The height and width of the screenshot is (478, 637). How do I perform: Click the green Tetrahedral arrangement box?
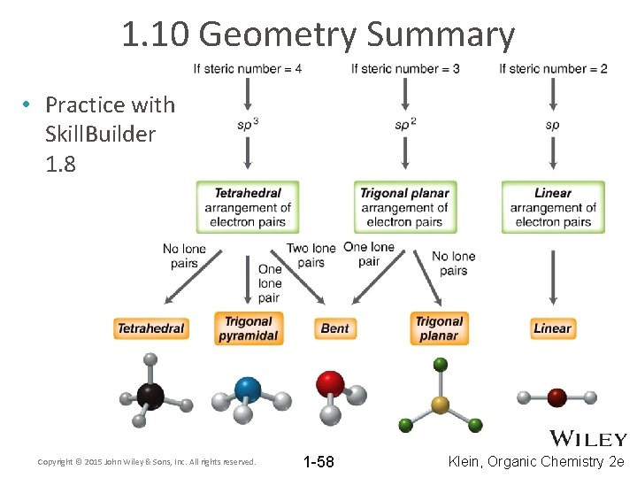[248, 207]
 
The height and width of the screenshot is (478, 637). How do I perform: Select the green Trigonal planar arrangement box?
[404, 207]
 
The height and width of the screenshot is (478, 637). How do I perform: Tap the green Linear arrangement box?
[553, 207]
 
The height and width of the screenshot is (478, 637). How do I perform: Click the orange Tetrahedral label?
[151, 328]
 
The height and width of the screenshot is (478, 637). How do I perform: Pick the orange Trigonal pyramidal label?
[249, 328]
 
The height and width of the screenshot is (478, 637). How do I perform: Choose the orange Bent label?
[334, 328]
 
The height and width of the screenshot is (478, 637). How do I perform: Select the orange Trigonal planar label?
[439, 328]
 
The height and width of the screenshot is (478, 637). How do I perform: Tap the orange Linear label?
[552, 328]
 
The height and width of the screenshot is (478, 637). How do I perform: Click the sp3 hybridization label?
[248, 125]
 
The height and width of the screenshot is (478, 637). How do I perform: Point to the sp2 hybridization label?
[405, 125]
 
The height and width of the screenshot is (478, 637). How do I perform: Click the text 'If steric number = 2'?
[553, 69]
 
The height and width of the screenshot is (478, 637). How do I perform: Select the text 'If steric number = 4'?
[248, 69]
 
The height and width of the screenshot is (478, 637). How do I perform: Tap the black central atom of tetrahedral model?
[150, 396]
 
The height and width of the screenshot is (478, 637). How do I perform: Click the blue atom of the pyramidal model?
[248, 389]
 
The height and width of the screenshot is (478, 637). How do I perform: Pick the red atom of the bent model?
[331, 383]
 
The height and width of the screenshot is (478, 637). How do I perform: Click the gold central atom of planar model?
[440, 405]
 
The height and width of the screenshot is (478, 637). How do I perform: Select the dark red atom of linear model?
[556, 397]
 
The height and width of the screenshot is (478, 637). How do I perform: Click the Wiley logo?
[588, 438]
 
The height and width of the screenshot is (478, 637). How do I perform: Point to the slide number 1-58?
[318, 462]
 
